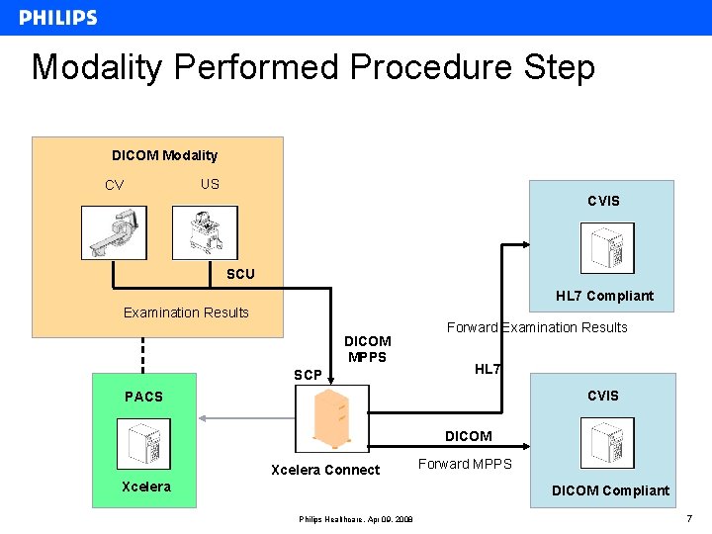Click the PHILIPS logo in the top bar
coord(58,18)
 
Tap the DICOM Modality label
coord(164,155)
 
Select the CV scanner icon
coord(114,232)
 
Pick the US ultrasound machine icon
coord(205,232)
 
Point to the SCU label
coord(240,274)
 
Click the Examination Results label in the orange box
coord(186,312)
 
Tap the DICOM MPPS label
coord(367,349)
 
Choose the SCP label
coord(308,375)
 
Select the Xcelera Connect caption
coord(325,470)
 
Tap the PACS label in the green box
coord(143,397)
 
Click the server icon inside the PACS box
coord(143,444)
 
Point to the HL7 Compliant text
coord(604,296)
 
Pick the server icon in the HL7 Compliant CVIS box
coord(607,248)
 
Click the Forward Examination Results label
coord(537,327)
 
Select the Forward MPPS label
coord(465,464)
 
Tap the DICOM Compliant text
coord(610,490)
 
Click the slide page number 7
coord(688,519)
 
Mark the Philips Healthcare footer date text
coord(356,520)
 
